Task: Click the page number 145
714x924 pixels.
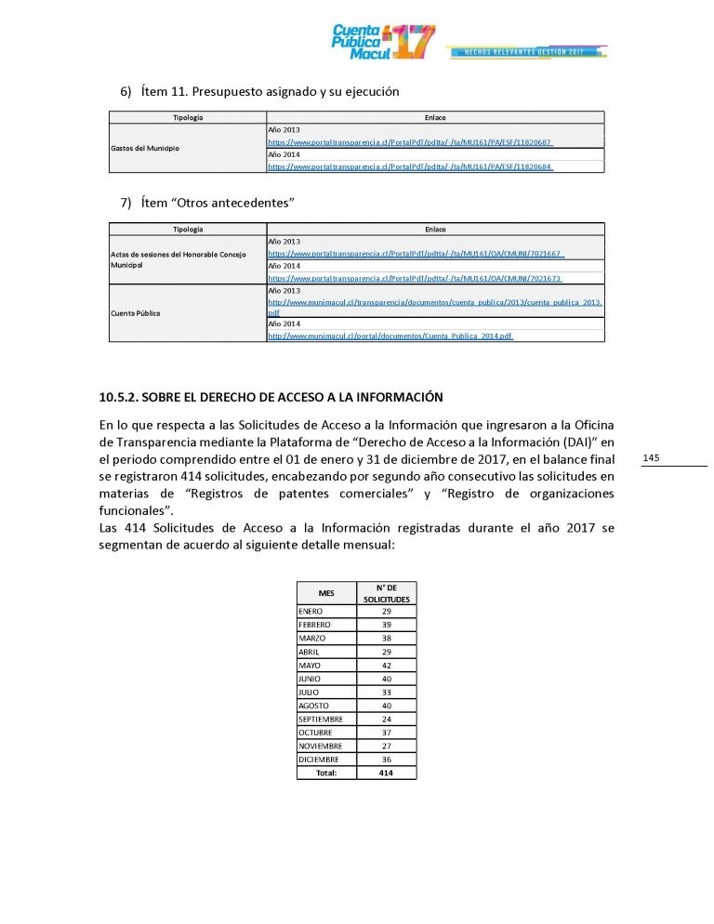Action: [651, 457]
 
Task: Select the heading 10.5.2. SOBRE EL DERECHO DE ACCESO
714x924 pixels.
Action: [270, 397]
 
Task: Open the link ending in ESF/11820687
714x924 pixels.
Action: [416, 142]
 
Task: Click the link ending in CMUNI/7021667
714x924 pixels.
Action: [416, 253]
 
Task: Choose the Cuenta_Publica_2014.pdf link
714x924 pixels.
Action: [390, 336]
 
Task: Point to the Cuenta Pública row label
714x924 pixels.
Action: [136, 313]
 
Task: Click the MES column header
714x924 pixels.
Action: [325, 593]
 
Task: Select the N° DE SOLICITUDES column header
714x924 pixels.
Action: [386, 593]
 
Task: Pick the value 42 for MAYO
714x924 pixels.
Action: [386, 665]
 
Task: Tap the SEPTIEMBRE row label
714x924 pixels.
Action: [321, 719]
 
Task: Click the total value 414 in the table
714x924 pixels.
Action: [386, 772]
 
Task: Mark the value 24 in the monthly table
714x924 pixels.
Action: [386, 719]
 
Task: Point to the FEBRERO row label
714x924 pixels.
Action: [314, 625]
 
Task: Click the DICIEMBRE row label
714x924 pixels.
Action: [319, 759]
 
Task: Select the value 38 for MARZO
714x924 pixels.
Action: [386, 638]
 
